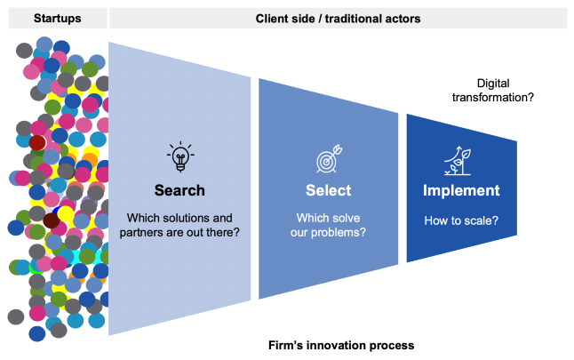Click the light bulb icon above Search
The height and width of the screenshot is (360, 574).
pos(179,157)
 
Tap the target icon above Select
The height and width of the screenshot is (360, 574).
pos(328,161)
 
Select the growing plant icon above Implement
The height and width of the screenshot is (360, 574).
pos(460,160)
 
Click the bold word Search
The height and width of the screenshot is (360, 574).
pos(179,190)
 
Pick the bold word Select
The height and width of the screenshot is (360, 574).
pos(328,190)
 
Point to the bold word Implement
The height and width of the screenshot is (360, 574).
pos(460,190)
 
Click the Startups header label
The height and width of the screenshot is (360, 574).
pos(56,18)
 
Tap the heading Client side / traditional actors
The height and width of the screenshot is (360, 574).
pos(337,18)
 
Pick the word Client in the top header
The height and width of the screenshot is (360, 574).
pos(272,18)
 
